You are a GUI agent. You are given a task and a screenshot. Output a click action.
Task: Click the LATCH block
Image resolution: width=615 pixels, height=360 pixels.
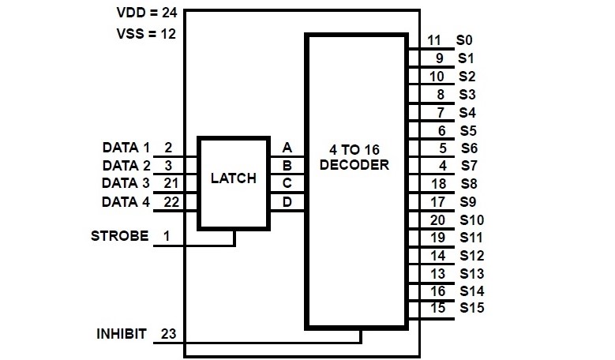(x=234, y=179)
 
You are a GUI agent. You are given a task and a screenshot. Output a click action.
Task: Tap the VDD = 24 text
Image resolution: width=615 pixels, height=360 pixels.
(x=145, y=13)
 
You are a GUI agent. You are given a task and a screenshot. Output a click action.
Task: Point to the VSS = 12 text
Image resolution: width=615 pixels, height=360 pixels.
(x=146, y=34)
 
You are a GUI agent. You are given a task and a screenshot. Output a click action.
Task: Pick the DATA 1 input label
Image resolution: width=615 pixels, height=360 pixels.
(x=126, y=148)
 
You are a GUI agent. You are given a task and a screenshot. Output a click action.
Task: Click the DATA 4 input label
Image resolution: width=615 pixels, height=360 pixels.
(x=126, y=201)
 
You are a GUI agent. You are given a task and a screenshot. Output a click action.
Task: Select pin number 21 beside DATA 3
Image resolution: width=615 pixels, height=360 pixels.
(x=168, y=183)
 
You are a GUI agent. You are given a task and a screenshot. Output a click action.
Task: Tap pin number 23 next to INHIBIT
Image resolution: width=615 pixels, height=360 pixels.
(x=167, y=333)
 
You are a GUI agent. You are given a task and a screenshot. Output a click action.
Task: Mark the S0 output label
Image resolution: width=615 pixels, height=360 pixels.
(x=465, y=40)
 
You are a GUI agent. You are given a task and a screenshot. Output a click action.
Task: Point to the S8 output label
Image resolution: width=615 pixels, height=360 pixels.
(x=467, y=183)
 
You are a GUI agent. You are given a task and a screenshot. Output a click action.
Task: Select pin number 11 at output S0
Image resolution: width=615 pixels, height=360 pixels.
(x=434, y=40)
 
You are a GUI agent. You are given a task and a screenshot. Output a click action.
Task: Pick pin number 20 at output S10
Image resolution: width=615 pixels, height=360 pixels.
(x=437, y=219)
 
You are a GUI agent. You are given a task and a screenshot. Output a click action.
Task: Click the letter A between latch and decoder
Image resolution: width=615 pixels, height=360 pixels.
(x=287, y=148)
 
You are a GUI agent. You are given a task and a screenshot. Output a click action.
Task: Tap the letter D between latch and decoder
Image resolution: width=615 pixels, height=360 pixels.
(x=287, y=201)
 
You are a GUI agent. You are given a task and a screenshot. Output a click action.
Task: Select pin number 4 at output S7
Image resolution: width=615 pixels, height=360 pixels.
(x=442, y=166)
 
